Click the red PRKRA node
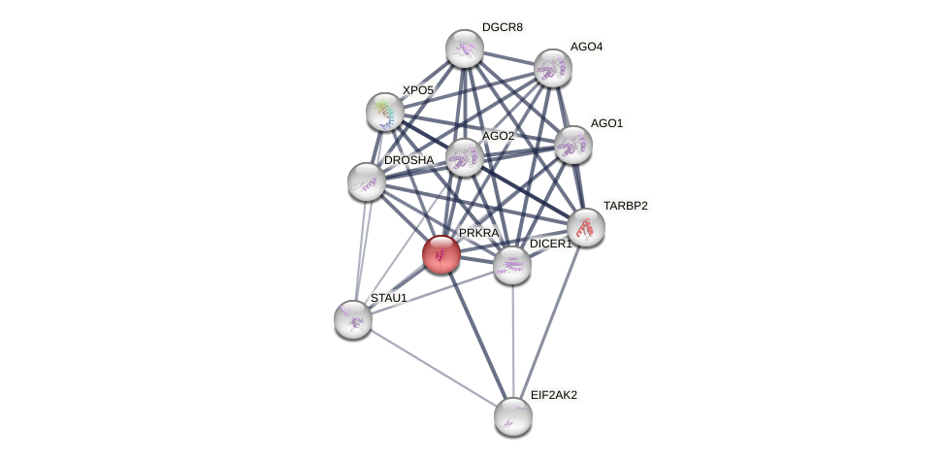pos(441,254)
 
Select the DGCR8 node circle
pos(465,49)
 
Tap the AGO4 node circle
pos(553,68)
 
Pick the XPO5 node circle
pos(385,112)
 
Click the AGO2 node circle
pos(464,157)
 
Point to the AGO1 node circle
pos(572,145)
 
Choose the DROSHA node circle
pos(367,181)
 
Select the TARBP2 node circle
pos(586,227)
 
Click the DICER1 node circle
pos(512,265)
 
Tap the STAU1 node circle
pos(353,318)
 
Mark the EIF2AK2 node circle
pos(513,416)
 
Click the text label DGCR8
pos(503,27)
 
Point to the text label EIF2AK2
pos(554,395)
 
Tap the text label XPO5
pos(418,90)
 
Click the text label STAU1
pos(389,298)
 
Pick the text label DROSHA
pos(408,160)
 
